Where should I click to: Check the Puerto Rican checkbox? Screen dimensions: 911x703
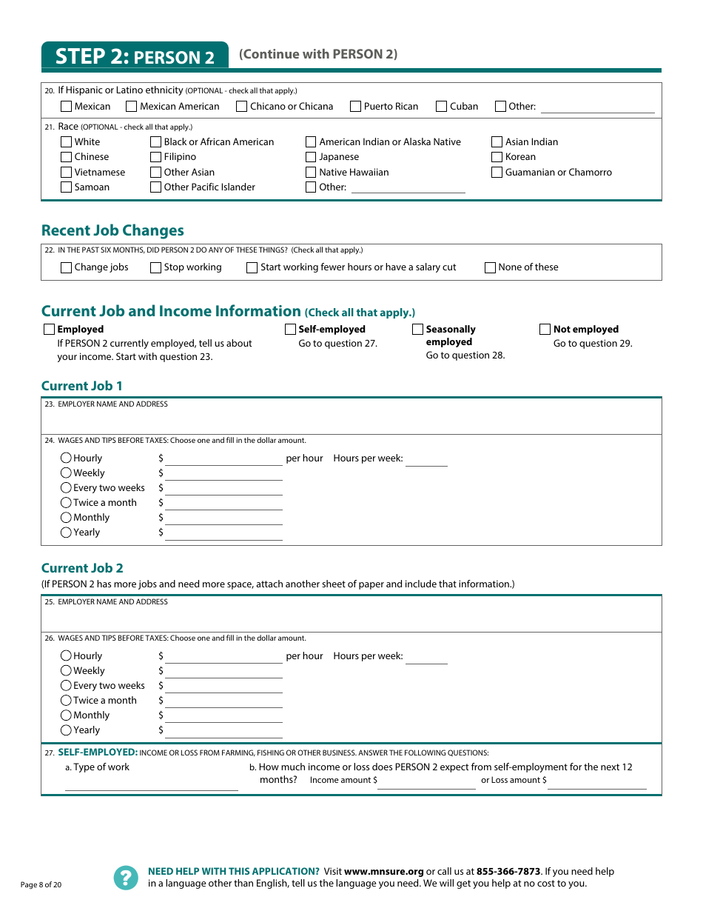tap(356, 107)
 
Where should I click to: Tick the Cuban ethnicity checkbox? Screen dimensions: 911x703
tap(442, 107)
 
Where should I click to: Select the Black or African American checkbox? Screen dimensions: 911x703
tap(156, 142)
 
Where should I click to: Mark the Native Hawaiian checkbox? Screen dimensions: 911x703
tap(312, 173)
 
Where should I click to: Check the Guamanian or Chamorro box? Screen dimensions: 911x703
tap(497, 173)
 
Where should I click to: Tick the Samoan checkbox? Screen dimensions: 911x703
tap(67, 187)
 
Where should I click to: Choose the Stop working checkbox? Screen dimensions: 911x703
tap(156, 268)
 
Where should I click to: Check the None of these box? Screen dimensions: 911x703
tap(491, 268)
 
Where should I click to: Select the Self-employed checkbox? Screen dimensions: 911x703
tap(291, 330)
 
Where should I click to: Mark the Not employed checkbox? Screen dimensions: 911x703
tap(545, 330)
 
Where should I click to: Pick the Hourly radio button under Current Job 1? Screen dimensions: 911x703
tap(67, 458)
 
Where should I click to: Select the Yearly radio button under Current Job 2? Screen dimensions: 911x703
tap(67, 730)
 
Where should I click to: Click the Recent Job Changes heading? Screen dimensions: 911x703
tap(112, 230)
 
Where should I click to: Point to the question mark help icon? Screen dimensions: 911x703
tap(126, 878)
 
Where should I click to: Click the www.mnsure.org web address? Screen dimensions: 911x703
tap(383, 872)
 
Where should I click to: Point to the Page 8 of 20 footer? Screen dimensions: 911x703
tap(41, 885)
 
